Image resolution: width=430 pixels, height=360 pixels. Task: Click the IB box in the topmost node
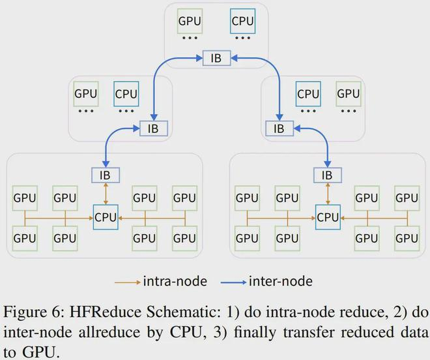pyautogui.click(x=216, y=57)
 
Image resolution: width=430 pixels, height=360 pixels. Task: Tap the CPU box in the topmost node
pyautogui.click(x=243, y=21)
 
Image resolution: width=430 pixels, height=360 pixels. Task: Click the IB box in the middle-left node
pyautogui.click(x=154, y=128)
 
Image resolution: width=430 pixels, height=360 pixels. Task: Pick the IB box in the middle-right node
pyautogui.click(x=279, y=128)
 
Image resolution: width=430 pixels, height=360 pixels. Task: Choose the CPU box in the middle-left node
pyautogui.click(x=126, y=93)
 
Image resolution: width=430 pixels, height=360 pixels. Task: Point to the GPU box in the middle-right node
pyautogui.click(x=348, y=93)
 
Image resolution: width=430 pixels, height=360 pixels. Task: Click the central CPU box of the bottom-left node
pyautogui.click(x=106, y=216)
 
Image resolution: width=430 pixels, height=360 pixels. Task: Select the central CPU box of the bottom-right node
pyautogui.click(x=327, y=216)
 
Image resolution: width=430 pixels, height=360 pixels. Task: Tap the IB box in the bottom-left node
pyautogui.click(x=106, y=175)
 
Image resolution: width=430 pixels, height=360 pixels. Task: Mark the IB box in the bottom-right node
pyautogui.click(x=327, y=175)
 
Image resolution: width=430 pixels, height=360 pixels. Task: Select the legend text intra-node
pyautogui.click(x=175, y=282)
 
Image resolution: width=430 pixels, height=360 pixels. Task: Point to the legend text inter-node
pyautogui.click(x=281, y=282)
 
